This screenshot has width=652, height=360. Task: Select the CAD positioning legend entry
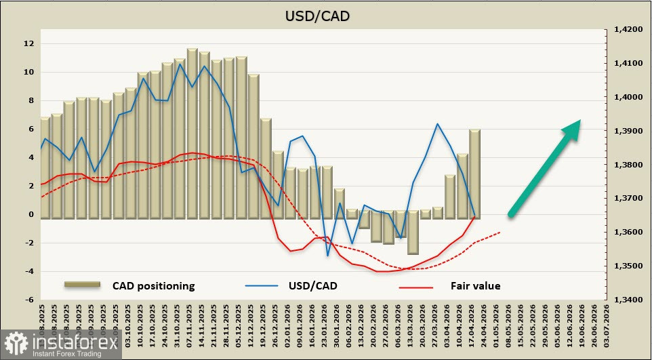coord(153,285)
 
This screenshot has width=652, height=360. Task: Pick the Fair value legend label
coord(475,285)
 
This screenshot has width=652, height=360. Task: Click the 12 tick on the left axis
coord(28,43)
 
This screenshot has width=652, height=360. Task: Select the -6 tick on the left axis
coord(28,300)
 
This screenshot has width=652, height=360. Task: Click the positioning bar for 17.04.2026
coord(474,174)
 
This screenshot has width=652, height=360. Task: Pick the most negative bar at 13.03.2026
coord(413,235)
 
